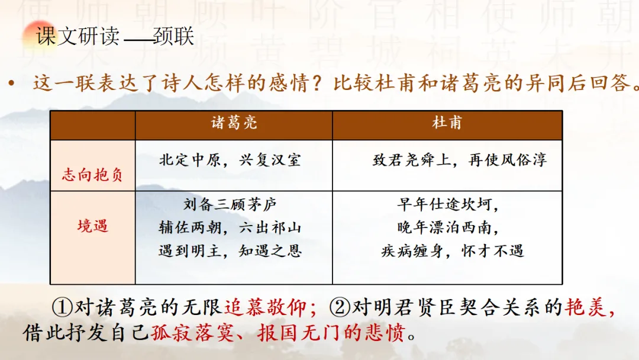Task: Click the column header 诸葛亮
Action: [x=234, y=123]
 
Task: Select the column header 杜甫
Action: [x=447, y=123]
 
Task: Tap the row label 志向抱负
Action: [x=92, y=175]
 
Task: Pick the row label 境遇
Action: [x=93, y=226]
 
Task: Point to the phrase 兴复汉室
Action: [x=270, y=160]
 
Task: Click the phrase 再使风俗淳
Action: [x=508, y=160]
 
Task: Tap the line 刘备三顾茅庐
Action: [x=230, y=204]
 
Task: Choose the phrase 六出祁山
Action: [x=270, y=227]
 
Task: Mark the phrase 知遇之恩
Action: [x=270, y=250]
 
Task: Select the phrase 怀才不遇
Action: [x=492, y=250]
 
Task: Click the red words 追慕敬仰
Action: [x=265, y=307]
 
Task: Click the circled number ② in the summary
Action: [x=340, y=307]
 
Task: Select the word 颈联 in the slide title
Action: [x=173, y=36]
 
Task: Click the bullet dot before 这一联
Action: [x=11, y=83]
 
